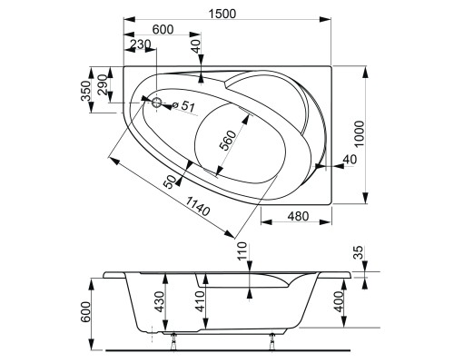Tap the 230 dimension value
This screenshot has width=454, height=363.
pos(140,44)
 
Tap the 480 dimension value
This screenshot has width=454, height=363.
pos(296,215)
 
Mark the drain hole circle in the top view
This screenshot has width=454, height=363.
pos(157,103)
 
